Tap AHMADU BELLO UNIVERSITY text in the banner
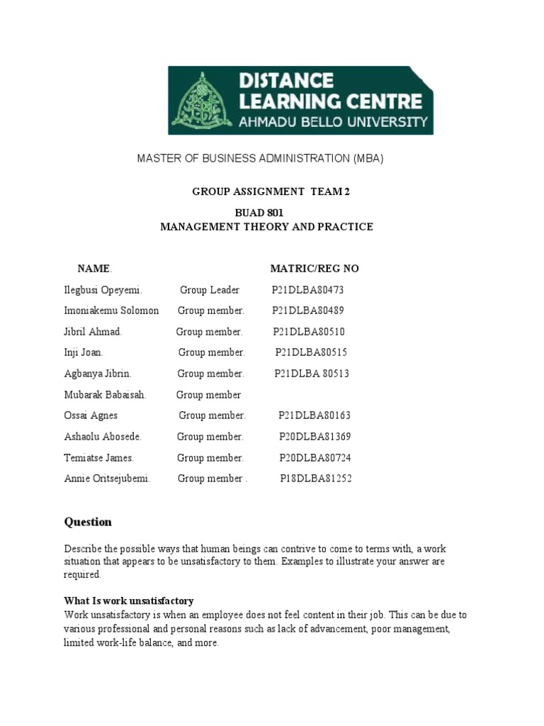coord(333,121)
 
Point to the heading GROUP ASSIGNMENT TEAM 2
coord(271,192)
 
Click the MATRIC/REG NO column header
coord(314,269)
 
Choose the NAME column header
coord(94,269)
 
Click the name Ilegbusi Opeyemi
coord(103,290)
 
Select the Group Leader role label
coord(209,290)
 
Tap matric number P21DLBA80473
coord(307,290)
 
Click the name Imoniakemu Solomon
coord(111,311)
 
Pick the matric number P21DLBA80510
coord(309,332)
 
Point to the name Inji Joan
coord(84,352)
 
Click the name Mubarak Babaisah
coord(105,395)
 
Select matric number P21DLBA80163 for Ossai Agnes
coord(314,415)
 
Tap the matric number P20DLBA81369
coord(314,437)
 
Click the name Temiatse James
coord(98,458)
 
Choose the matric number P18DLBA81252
coord(315,479)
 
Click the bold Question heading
coord(88,523)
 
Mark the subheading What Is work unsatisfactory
coord(129,601)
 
